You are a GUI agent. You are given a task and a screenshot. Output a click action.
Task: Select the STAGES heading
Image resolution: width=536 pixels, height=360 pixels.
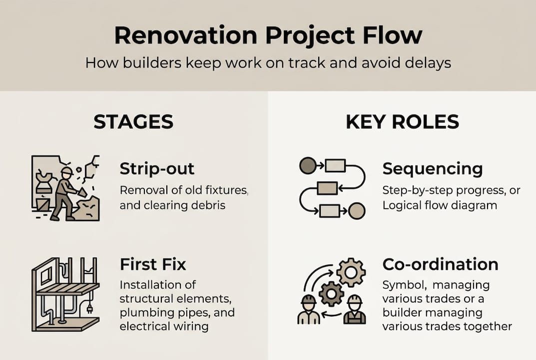[133, 122]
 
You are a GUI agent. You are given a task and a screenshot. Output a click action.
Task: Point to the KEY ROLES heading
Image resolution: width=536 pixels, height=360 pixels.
[402, 122]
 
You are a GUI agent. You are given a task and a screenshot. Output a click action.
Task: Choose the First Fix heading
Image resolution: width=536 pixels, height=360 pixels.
[153, 264]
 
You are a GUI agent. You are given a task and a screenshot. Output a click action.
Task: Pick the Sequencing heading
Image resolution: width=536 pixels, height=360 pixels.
[433, 169]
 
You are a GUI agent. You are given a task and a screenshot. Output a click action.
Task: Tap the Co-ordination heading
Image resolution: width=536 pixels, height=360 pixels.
[440, 264]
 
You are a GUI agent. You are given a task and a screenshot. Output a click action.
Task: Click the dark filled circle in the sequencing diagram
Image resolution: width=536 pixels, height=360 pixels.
[307, 165]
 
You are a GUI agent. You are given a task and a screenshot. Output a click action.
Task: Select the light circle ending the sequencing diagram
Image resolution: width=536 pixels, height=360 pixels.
[357, 210]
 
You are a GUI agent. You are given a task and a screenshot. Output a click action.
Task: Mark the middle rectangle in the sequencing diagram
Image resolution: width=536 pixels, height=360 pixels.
[328, 188]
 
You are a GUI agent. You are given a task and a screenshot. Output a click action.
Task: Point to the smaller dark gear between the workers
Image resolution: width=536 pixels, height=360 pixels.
[331, 293]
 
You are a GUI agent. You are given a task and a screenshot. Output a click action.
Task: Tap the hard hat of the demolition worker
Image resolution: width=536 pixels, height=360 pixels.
[66, 171]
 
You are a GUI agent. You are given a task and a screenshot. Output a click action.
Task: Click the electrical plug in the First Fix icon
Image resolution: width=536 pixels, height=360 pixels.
[91, 308]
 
